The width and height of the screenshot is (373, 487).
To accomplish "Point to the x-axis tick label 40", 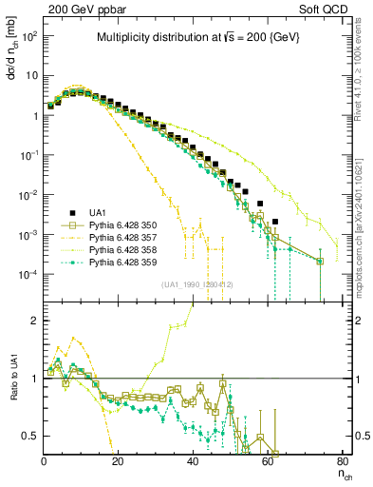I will coord(193,461).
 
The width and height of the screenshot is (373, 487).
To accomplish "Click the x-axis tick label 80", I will coord(342,461).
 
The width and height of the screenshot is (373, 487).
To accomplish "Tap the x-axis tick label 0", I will coord(45,461).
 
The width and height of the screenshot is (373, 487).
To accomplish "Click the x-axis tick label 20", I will coord(119,461).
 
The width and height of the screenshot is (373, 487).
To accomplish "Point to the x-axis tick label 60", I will coord(268,461).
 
